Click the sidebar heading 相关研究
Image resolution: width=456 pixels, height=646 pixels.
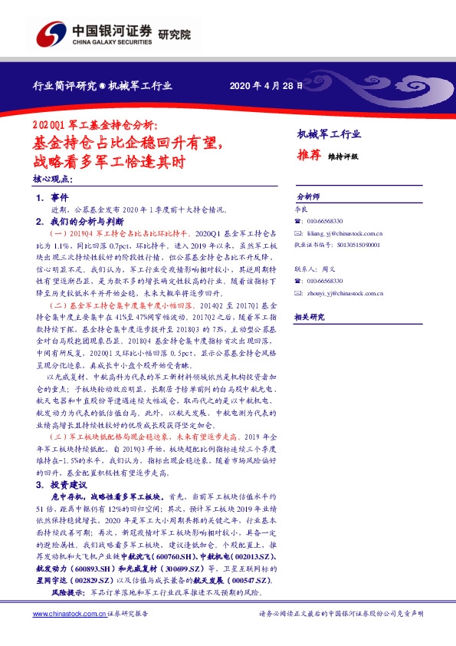tap(310, 317)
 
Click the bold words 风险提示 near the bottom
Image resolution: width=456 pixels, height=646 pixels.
tap(66, 595)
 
